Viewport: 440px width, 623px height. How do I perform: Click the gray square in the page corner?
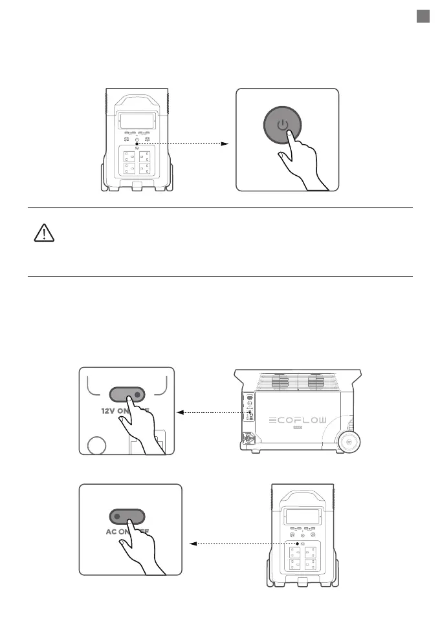tap(423, 17)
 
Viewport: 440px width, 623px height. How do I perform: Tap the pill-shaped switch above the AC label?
tap(127, 516)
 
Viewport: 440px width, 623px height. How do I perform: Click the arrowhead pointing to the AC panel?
tap(193, 544)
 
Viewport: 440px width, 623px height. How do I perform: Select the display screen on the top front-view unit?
tap(137, 121)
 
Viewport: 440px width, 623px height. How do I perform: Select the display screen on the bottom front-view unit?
tap(302, 518)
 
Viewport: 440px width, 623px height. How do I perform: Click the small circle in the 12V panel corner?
tap(96, 446)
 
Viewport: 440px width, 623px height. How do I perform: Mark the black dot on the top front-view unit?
tap(137, 143)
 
